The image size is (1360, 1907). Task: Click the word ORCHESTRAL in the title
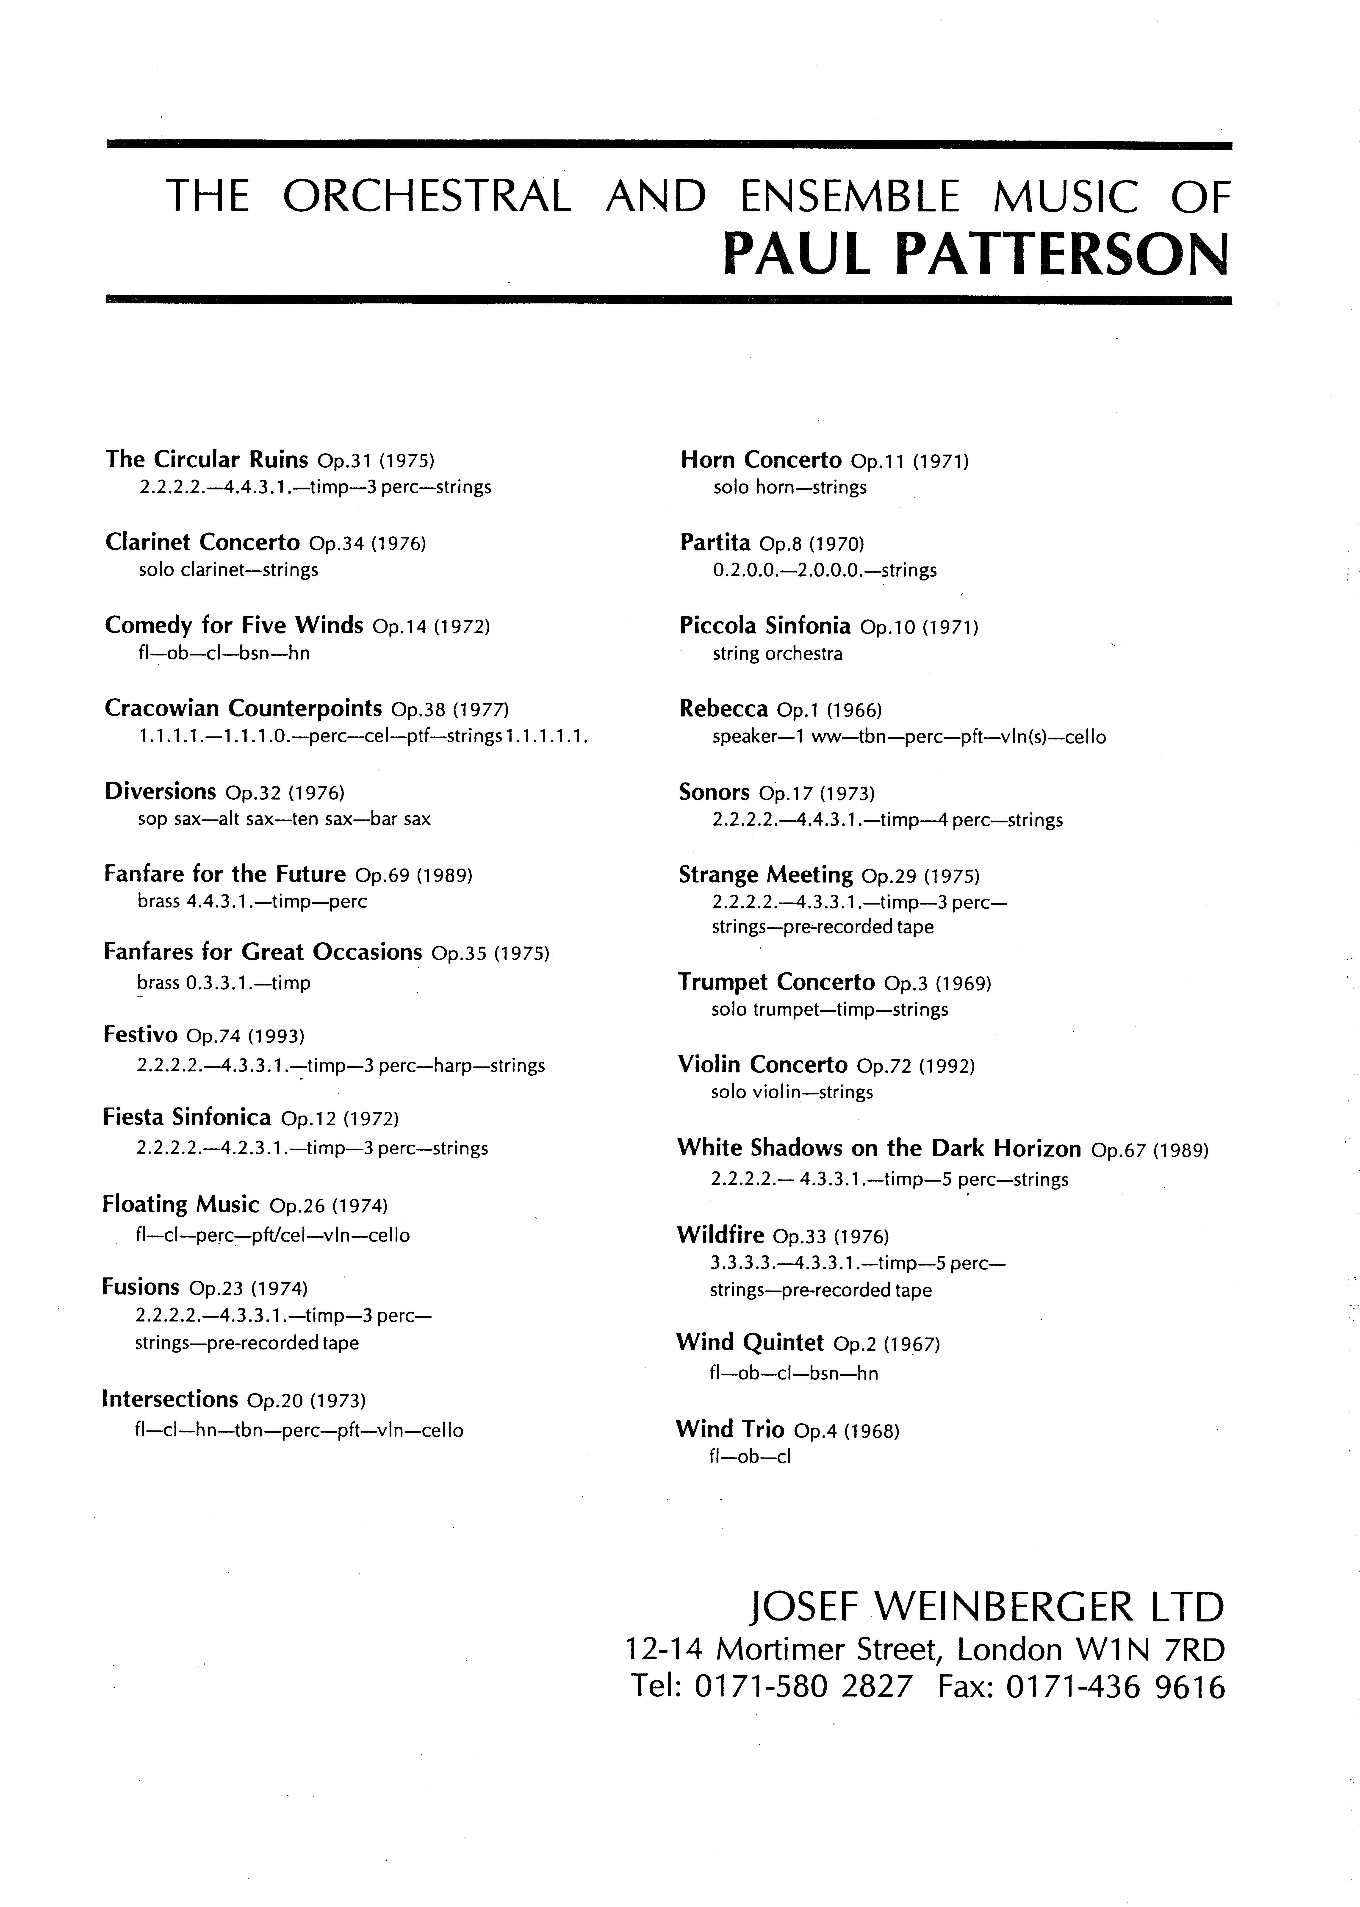[x=427, y=197]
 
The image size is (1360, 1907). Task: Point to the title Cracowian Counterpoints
[x=243, y=708]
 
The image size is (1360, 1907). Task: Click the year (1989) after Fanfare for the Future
[x=445, y=875]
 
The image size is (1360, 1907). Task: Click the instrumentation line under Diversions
[x=284, y=819]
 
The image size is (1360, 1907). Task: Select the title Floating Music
[x=180, y=1204]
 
